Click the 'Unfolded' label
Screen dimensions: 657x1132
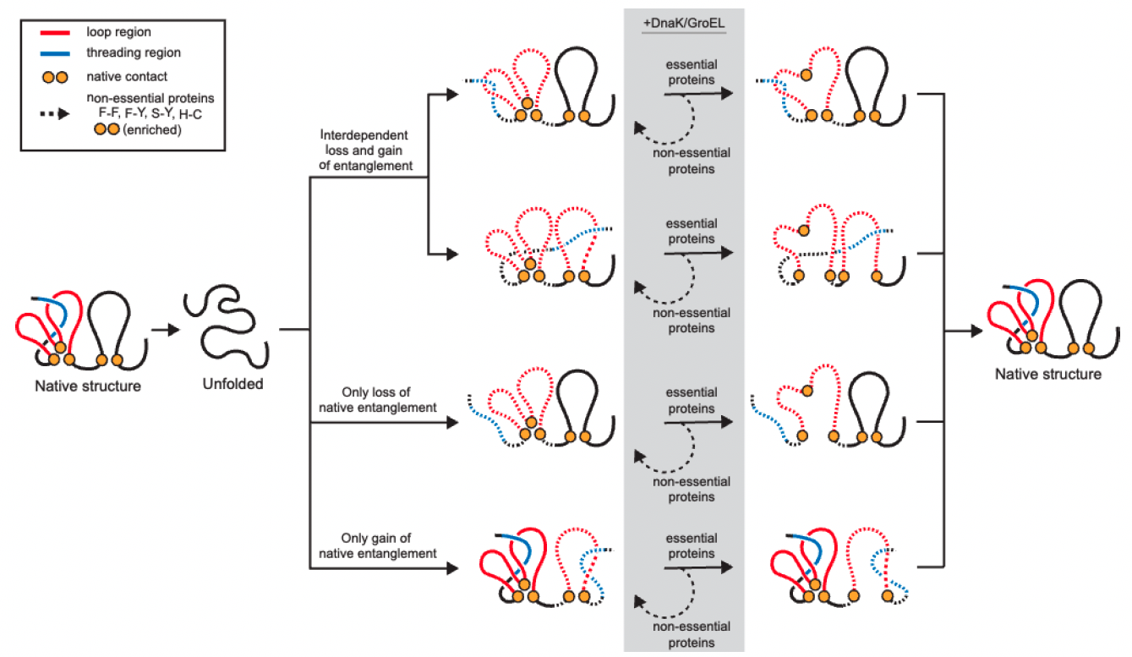[232, 384]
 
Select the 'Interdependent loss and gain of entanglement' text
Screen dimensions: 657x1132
[366, 151]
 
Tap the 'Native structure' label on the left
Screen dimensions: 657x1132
[88, 386]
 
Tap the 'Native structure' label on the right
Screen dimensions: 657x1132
[1048, 374]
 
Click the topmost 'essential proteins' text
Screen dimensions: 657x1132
[692, 73]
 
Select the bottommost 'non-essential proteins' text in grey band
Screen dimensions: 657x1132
[692, 635]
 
